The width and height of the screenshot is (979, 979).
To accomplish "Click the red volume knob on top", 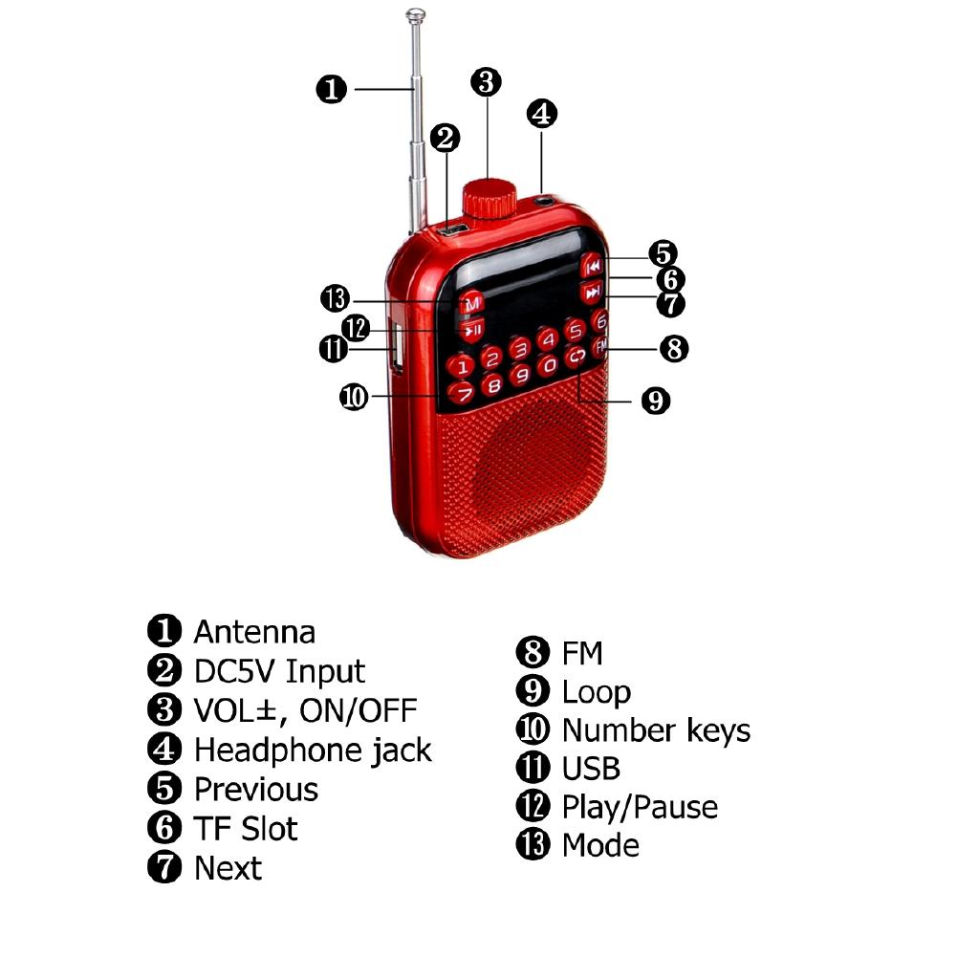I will tap(489, 196).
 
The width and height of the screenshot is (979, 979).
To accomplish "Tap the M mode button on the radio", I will tap(470, 303).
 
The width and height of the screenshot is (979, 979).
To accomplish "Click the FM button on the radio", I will tap(600, 347).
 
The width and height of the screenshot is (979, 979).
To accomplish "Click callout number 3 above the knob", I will tap(486, 81).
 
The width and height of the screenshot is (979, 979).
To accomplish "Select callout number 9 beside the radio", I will tap(655, 400).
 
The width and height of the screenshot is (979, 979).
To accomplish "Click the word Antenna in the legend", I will tap(253, 632).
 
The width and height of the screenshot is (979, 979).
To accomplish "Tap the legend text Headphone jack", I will tap(313, 750).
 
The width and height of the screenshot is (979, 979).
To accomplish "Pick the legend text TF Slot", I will tap(246, 828).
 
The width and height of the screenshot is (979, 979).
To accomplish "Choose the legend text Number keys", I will tap(656, 730).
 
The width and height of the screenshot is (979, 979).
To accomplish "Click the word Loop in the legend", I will tap(596, 691).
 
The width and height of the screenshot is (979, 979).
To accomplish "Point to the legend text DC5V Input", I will tap(279, 671).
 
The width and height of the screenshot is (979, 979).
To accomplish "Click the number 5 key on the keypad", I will tap(575, 331).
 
